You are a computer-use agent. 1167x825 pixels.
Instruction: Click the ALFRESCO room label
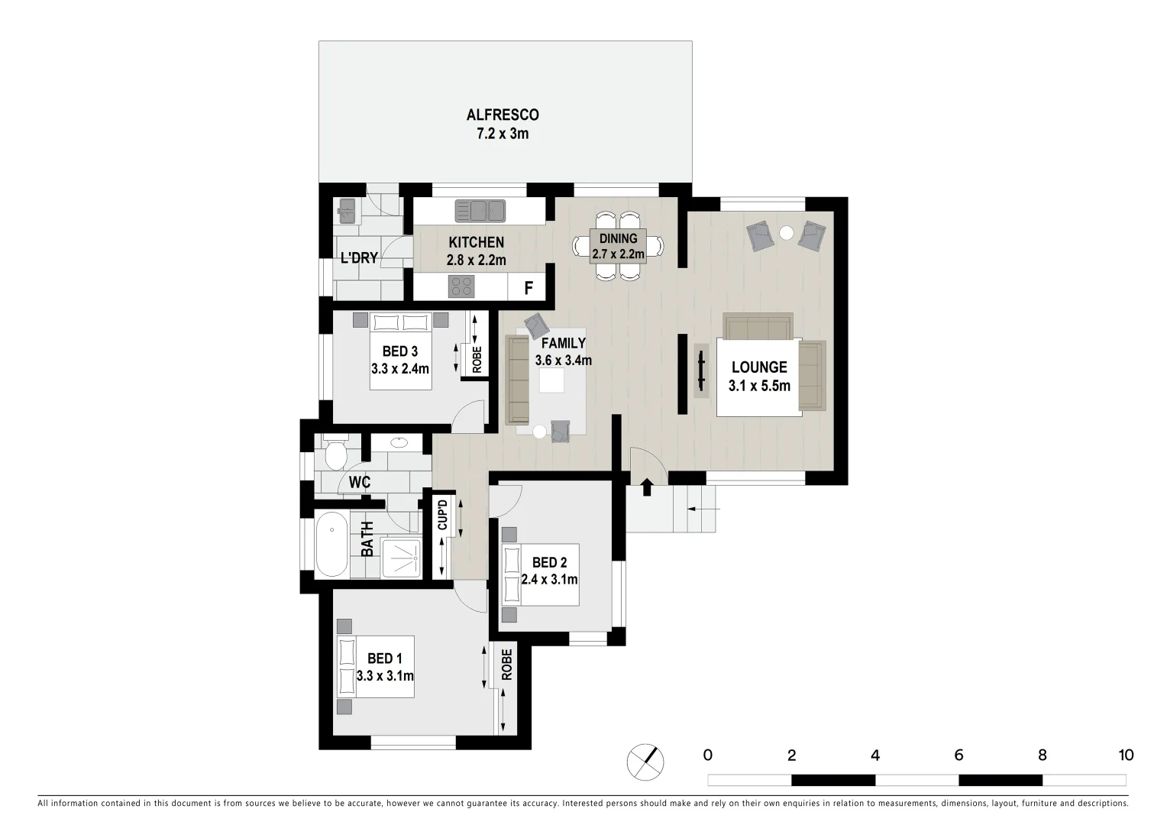pos(503,115)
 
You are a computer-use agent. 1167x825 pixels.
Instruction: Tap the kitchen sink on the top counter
pos(480,209)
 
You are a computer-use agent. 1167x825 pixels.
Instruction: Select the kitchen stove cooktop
pos(461,286)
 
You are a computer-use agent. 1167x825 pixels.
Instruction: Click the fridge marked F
pos(527,289)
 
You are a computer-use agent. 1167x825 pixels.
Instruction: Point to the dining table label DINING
pos(618,239)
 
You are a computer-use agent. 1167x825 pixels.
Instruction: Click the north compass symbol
pos(645,761)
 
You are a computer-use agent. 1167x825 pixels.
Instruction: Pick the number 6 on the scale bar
pos(958,755)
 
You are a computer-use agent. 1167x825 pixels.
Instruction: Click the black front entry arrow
pos(647,487)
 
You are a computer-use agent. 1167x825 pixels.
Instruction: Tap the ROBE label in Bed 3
pos(477,360)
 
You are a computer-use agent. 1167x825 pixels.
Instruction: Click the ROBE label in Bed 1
pos(506,665)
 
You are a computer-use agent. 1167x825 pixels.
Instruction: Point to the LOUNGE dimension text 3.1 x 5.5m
pos(759,386)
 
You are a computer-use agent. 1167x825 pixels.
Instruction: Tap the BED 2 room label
pos(549,563)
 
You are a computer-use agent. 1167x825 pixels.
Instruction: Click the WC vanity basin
pos(399,442)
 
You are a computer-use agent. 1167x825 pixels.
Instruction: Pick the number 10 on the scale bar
pos(1125,755)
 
